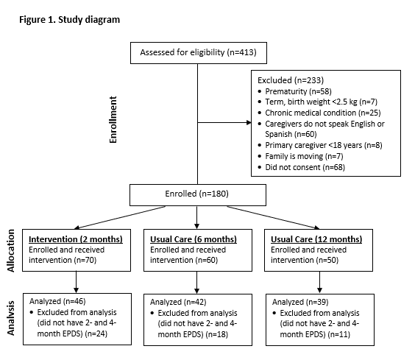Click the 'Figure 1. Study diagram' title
(x=70, y=20)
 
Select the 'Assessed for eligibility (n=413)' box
(x=199, y=53)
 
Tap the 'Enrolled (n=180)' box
(x=198, y=195)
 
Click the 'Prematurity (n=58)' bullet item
(x=298, y=91)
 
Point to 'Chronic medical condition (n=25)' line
(x=323, y=113)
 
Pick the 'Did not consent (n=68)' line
(x=305, y=167)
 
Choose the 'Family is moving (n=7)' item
(x=304, y=156)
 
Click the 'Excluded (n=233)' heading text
(x=291, y=80)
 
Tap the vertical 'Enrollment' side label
(x=113, y=120)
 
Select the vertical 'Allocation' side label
(x=10, y=250)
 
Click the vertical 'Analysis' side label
(x=10, y=318)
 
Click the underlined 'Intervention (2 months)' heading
(x=76, y=239)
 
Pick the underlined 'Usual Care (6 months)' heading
(x=194, y=239)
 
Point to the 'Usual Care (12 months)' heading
(x=316, y=239)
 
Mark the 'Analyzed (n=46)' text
(x=57, y=301)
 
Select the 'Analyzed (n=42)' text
(x=178, y=302)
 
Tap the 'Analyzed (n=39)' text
(x=300, y=302)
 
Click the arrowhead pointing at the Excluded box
(x=249, y=122)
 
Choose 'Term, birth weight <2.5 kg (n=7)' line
(x=322, y=102)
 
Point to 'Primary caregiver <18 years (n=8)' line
(x=324, y=145)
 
